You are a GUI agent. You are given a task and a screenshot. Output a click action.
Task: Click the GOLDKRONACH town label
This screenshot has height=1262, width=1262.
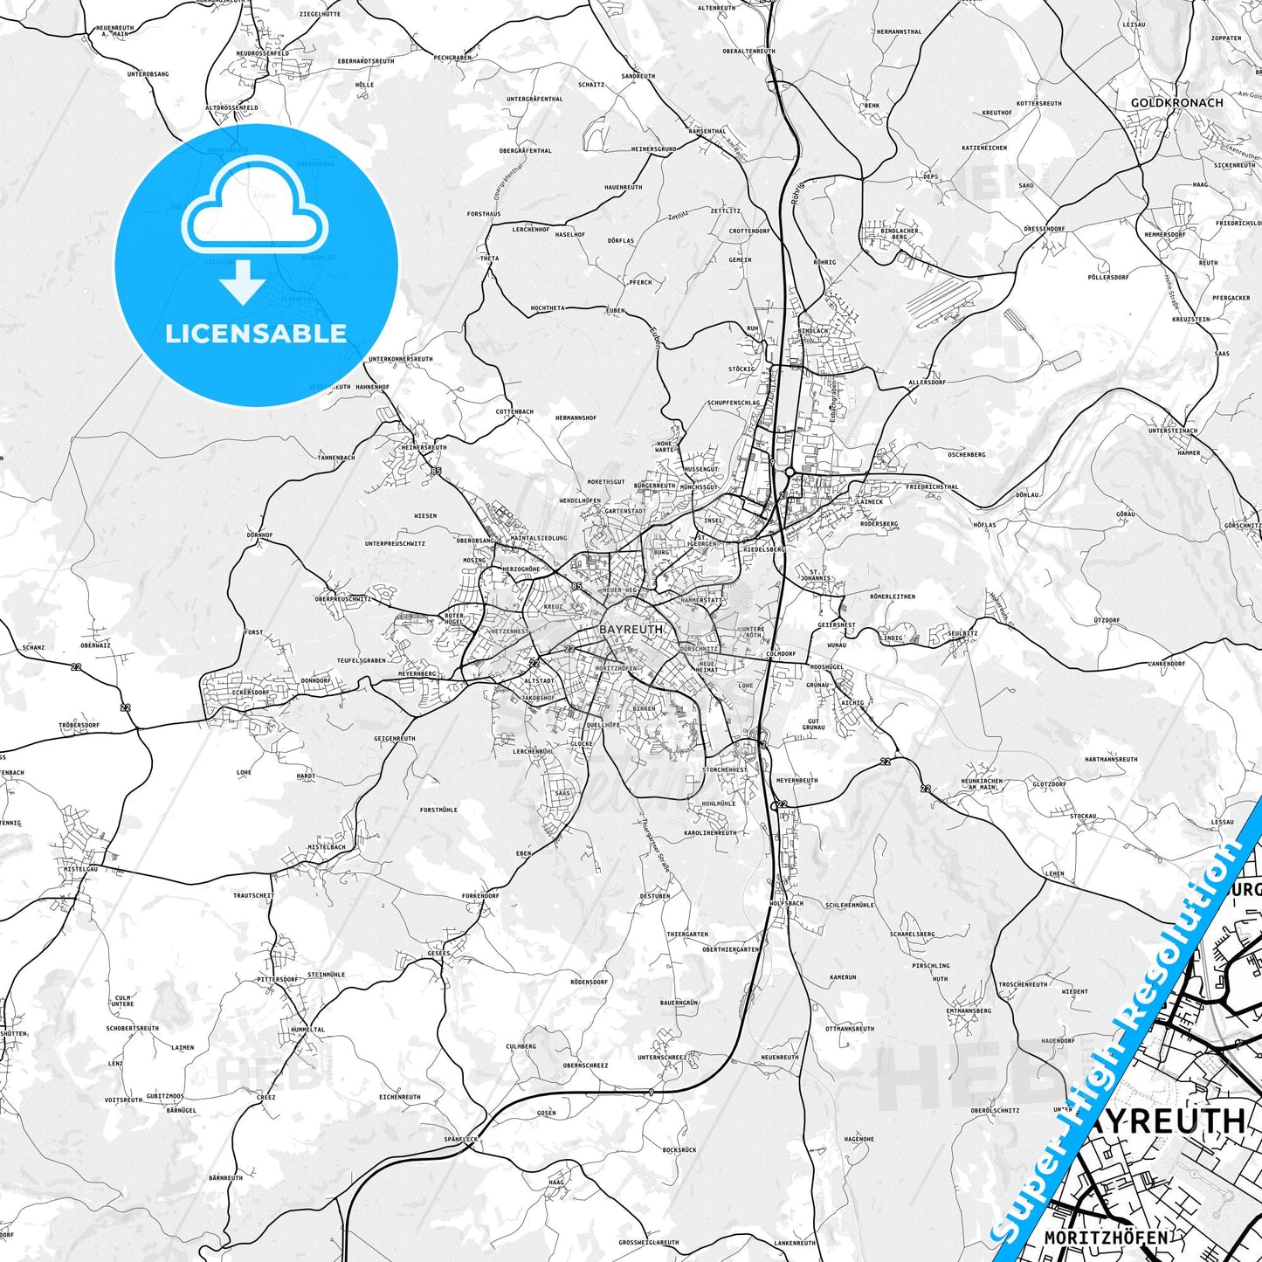pos(1176,102)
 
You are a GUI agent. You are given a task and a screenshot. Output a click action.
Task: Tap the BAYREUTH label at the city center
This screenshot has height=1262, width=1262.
pos(631,629)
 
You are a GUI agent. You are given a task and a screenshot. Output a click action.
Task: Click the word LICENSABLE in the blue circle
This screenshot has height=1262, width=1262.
pos(256,333)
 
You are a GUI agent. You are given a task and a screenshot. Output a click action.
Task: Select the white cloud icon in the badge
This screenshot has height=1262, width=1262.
pos(255,206)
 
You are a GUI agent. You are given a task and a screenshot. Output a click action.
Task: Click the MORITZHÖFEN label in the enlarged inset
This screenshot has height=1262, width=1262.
pos(1106,1238)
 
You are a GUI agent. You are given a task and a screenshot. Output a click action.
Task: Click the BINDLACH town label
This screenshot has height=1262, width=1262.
pos(813,332)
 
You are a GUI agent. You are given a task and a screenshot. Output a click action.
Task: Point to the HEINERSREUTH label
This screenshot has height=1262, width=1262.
pos(423,447)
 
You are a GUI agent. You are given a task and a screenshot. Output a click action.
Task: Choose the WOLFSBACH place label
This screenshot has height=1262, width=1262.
pos(786,903)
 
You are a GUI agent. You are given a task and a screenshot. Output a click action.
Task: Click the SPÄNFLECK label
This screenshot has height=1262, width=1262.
pos(461,1140)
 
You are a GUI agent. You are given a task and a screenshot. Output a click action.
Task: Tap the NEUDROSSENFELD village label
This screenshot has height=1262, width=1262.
pos(262,53)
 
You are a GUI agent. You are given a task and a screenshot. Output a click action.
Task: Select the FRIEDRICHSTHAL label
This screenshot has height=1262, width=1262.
pos(932,486)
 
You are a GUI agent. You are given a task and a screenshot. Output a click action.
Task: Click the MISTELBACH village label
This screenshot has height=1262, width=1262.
pos(327,846)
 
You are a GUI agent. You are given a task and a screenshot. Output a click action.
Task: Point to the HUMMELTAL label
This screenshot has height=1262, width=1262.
pos(307,1030)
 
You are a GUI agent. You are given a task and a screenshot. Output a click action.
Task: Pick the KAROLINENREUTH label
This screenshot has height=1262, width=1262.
pos(710,832)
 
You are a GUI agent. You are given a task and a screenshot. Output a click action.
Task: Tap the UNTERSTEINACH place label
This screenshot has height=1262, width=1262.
pos(1173,431)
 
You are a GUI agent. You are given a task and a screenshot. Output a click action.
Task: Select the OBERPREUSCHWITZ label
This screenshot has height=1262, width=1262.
pos(343,599)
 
